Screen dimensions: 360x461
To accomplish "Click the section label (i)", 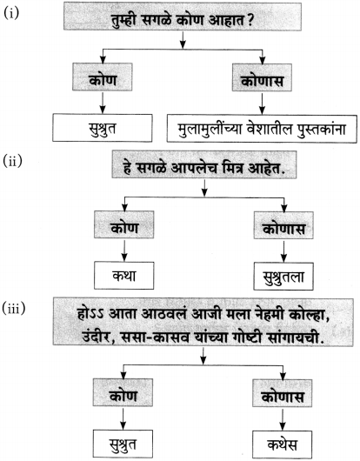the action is tap(11, 13).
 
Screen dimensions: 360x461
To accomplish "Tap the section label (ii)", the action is tap(13, 162).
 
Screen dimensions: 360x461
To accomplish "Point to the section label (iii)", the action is tap(14, 309).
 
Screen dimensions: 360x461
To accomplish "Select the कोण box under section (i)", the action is tap(103, 77).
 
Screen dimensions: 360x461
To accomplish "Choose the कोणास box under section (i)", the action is tap(262, 77).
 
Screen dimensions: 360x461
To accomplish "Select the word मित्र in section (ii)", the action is tap(228, 168).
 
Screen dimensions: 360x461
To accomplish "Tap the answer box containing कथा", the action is tap(123, 276).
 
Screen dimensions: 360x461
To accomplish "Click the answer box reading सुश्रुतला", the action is tap(283, 277).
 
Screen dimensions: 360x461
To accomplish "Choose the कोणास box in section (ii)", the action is tap(283, 225).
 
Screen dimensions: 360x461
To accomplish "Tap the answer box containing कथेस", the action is tap(282, 444).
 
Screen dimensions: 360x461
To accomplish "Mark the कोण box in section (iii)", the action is tap(123, 392).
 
